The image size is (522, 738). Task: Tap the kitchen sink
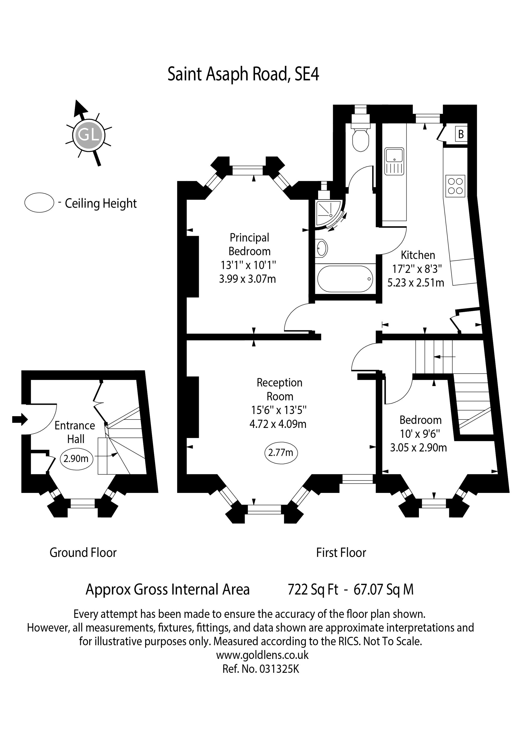click(x=394, y=161)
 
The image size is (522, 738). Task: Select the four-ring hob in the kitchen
click(x=455, y=186)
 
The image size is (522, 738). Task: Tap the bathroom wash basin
click(x=322, y=248)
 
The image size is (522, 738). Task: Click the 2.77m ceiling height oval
click(x=281, y=453)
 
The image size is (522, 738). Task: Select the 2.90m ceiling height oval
click(x=76, y=458)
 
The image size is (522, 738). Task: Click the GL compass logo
click(x=88, y=135)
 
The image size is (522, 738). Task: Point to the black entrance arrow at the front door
click(x=20, y=420)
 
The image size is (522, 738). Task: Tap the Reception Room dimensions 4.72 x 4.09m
click(x=278, y=424)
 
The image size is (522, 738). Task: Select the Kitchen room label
click(x=418, y=255)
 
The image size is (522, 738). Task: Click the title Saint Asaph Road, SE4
click(x=243, y=74)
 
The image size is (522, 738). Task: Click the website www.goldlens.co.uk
click(x=262, y=655)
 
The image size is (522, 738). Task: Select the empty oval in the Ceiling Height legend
click(x=39, y=203)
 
